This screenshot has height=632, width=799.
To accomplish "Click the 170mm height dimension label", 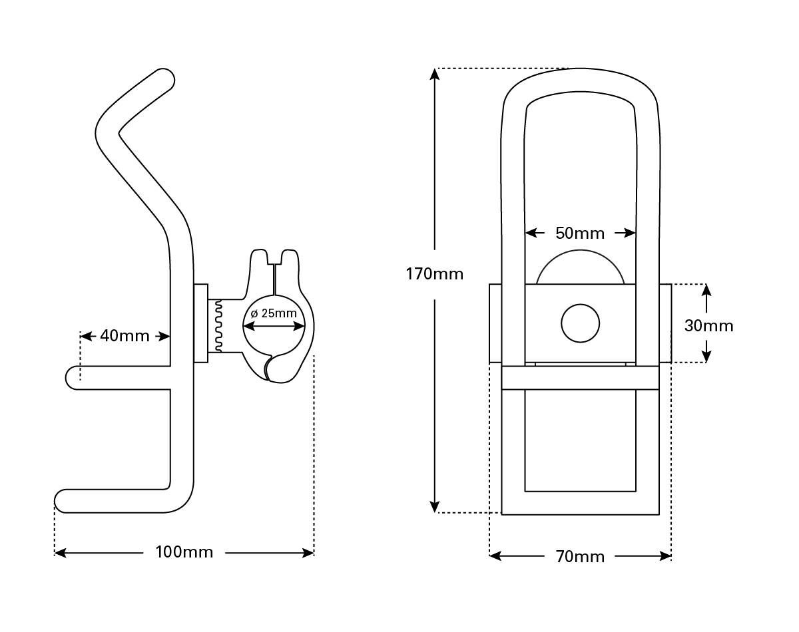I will coord(434,273).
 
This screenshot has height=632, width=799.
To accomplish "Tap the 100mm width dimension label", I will coord(184,552).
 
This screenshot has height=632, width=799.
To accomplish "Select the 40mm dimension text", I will coord(125,336).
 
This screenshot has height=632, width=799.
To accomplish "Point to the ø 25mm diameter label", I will coord(274,313).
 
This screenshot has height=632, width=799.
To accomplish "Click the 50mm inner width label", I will coord(580,234).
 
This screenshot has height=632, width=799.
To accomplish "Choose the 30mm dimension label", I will coord(708,326).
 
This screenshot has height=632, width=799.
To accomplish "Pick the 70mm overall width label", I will coord(580,557).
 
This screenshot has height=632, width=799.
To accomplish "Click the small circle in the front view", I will coord(580,324).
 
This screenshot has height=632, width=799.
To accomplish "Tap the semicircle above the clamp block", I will coord(580,268).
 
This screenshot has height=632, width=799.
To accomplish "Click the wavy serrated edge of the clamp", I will coord(217,325).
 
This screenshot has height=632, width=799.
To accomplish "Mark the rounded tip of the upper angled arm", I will coord(164,80).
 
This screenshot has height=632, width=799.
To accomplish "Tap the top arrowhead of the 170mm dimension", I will coord(435,74).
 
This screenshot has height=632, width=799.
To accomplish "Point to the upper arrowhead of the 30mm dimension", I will coord(706,289).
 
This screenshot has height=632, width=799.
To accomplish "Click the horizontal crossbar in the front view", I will coord(580,377).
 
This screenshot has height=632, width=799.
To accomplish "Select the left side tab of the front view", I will coord(495,323).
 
